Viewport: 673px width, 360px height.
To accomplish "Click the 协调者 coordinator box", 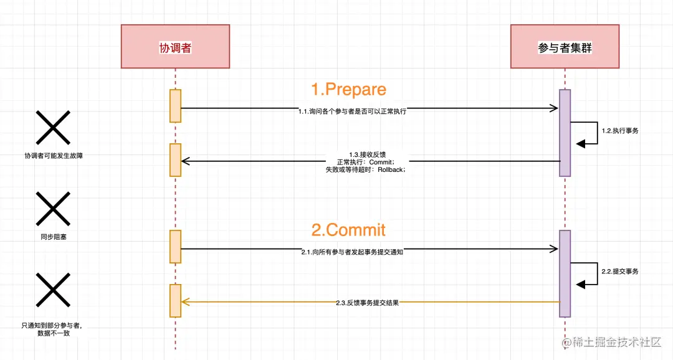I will tap(175, 47).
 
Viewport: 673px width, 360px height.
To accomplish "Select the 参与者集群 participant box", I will tap(565, 47).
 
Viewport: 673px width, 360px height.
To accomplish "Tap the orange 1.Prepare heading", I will tap(348, 89).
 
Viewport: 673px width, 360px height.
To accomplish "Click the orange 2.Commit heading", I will tap(348, 230).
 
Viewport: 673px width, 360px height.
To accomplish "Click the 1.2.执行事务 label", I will tap(619, 131).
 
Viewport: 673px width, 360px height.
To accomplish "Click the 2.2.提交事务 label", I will tap(619, 272).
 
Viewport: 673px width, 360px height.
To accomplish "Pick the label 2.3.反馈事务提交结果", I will tap(367, 303).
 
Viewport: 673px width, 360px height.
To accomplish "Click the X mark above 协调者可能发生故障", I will tap(53, 128).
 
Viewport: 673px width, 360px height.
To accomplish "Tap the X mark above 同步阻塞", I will tap(53, 208).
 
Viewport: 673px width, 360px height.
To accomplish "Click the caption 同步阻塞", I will tap(52, 237).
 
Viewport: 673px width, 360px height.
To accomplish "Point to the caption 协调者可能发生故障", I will tap(53, 156).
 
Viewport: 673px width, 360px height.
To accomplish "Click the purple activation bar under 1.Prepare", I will tap(565, 133).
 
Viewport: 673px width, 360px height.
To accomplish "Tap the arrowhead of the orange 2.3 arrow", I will tap(184, 301).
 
